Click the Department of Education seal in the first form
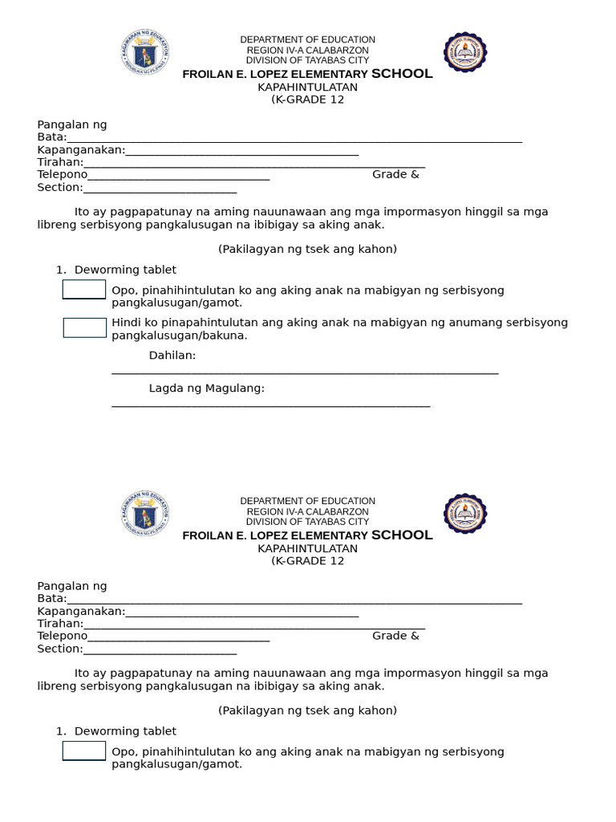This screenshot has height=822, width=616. pyautogui.click(x=145, y=53)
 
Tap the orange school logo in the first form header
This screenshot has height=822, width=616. pyautogui.click(x=465, y=52)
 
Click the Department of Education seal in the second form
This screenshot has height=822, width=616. pyautogui.click(x=145, y=515)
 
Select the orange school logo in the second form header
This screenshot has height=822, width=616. pyautogui.click(x=465, y=514)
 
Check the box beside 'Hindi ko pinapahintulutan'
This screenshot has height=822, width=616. pyautogui.click(x=85, y=328)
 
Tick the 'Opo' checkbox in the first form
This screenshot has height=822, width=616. pyautogui.click(x=84, y=290)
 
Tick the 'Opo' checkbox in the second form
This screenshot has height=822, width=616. pyautogui.click(x=84, y=751)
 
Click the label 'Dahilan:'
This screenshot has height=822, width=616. pyautogui.click(x=172, y=356)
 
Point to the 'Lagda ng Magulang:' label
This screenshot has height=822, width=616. pyautogui.click(x=207, y=389)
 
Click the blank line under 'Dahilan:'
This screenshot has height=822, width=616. pyautogui.click(x=305, y=372)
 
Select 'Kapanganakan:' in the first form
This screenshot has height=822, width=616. pyautogui.click(x=81, y=150)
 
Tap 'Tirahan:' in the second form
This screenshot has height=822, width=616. pyautogui.click(x=60, y=624)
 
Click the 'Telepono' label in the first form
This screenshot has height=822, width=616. pyautogui.click(x=62, y=174)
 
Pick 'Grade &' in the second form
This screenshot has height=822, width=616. pyautogui.click(x=395, y=636)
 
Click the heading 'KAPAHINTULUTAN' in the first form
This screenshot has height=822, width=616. pyautogui.click(x=307, y=87)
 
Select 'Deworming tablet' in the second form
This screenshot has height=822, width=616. pyautogui.click(x=125, y=731)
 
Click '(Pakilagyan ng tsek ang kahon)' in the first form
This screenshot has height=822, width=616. pyautogui.click(x=307, y=249)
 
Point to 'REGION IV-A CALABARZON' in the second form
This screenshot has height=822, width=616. pyautogui.click(x=307, y=511)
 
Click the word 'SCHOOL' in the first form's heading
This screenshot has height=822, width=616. pyautogui.click(x=402, y=74)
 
